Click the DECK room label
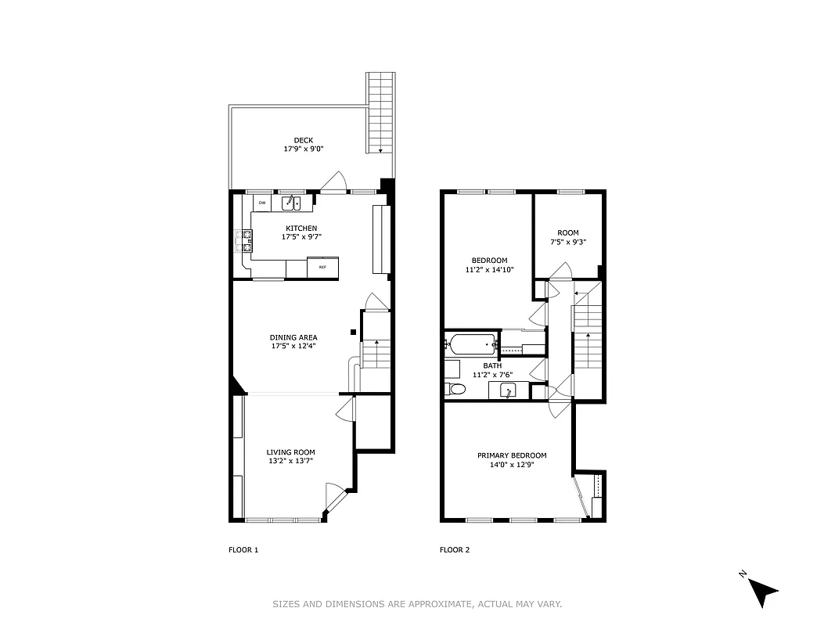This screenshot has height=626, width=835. tap(304, 141)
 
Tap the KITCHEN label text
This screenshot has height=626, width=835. tap(301, 228)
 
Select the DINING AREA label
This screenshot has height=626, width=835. tap(293, 337)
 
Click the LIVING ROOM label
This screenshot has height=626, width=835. tap(290, 452)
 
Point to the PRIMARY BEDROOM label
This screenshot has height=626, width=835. tap(512, 455)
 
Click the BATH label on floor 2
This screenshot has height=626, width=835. tap(492, 365)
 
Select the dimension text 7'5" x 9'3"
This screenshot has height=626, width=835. tap(567, 242)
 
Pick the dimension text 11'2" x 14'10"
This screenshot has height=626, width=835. tap(489, 270)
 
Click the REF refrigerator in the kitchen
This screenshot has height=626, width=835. tap(322, 268)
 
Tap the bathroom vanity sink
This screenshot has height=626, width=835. tap(507, 390)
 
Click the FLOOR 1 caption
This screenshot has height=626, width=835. tap(243, 550)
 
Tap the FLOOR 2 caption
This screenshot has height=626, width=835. tap(455, 550)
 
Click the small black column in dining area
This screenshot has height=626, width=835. tap(354, 333)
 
